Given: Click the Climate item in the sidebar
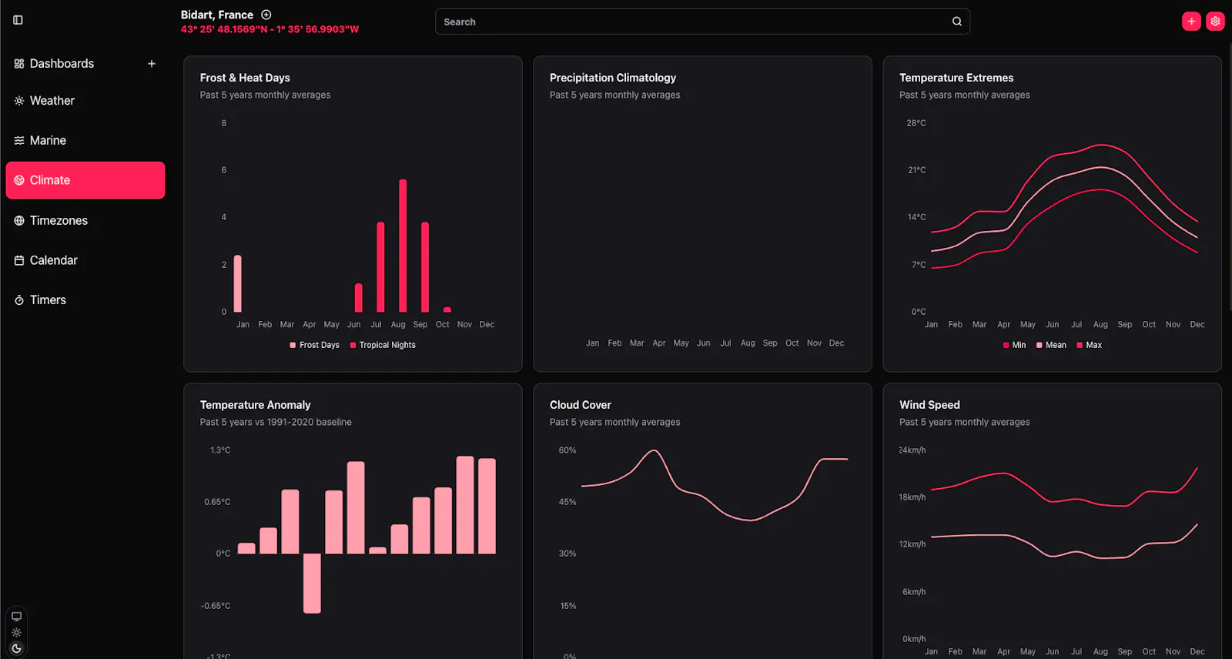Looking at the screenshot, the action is [85, 180].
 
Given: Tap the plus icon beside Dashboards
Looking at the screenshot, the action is [152, 64].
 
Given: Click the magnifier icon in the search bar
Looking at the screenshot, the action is [957, 22].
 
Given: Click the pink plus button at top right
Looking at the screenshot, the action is [1191, 22].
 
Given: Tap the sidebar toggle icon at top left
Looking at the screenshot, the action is [18, 20].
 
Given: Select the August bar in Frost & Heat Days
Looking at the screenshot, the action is [403, 246].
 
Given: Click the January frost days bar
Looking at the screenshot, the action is [238, 284].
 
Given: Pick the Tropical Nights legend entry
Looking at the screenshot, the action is [383, 345].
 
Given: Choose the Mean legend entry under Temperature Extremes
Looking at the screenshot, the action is [1051, 345].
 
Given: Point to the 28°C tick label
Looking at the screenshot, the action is [916, 123].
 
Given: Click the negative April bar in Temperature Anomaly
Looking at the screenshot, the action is [312, 583].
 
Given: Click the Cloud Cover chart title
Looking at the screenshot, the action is [581, 405].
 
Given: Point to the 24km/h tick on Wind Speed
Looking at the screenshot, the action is [912, 450].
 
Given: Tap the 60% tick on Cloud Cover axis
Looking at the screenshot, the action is [567, 450].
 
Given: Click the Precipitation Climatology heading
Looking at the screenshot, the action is [613, 78].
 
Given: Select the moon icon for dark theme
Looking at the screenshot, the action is [16, 648].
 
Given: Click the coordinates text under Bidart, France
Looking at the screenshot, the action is [269, 29].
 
